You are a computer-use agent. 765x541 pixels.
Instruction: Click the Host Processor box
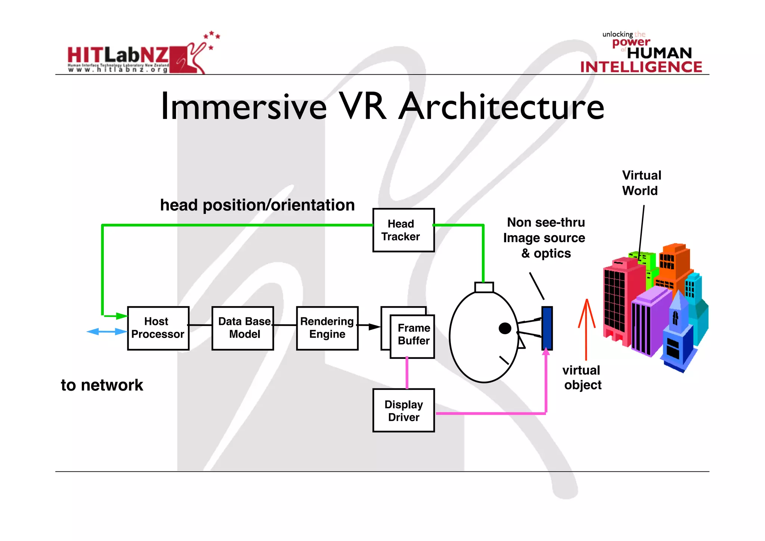(158, 328)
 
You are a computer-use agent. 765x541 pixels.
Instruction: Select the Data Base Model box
(243, 328)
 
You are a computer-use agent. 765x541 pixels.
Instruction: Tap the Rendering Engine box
(327, 328)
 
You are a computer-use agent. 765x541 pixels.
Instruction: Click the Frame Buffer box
(412, 336)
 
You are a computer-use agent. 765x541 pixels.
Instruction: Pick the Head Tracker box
(403, 230)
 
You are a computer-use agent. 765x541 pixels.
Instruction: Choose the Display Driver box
(403, 410)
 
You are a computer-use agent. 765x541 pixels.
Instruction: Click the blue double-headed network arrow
(106, 332)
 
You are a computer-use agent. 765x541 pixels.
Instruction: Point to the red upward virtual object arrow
(586, 329)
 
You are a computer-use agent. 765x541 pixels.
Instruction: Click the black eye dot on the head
(505, 328)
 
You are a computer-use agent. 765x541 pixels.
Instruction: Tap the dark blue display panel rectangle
(547, 328)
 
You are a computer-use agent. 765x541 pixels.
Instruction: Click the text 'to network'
(102, 385)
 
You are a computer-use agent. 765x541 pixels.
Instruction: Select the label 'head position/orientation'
(257, 205)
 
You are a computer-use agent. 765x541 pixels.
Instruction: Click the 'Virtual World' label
(641, 183)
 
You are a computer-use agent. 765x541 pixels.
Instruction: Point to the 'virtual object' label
(582, 377)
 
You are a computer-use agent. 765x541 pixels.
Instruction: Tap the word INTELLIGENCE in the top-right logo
(641, 67)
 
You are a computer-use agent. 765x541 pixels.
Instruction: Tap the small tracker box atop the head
(484, 287)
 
